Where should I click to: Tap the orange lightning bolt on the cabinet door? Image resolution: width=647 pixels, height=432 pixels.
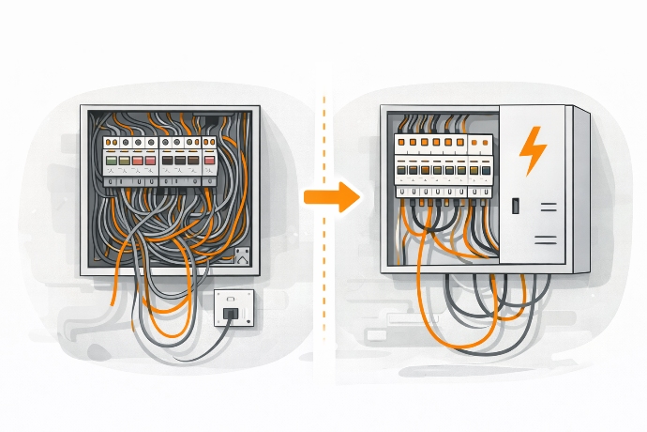[533, 150]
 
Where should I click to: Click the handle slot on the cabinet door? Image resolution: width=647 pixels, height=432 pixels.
[514, 204]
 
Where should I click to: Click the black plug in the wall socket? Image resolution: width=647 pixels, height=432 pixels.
[229, 312]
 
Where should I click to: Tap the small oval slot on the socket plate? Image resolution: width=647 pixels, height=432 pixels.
[229, 299]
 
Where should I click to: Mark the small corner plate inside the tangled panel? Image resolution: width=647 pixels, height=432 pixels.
[242, 256]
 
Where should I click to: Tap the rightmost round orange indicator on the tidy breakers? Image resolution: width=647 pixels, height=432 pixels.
[484, 143]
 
